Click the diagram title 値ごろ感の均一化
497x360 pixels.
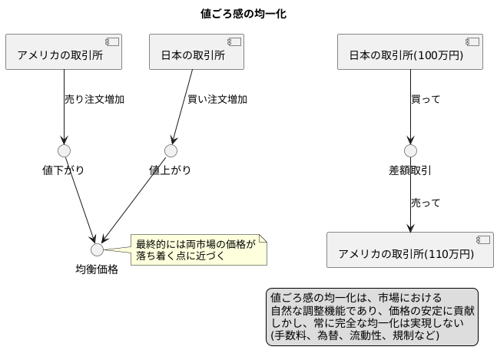point(248,14)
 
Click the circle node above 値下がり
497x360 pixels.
point(64,150)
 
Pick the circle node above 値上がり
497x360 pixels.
point(171,150)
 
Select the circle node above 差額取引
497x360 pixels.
point(410,150)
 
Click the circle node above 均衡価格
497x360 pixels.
point(97,249)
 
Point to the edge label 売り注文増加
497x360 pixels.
point(94,99)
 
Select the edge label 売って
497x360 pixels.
point(426,203)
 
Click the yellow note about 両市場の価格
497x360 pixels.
point(198,249)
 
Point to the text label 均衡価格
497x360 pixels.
point(97,269)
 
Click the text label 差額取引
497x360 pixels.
point(410,170)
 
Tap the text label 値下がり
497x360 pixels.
point(64,170)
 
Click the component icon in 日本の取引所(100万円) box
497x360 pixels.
point(472,41)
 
